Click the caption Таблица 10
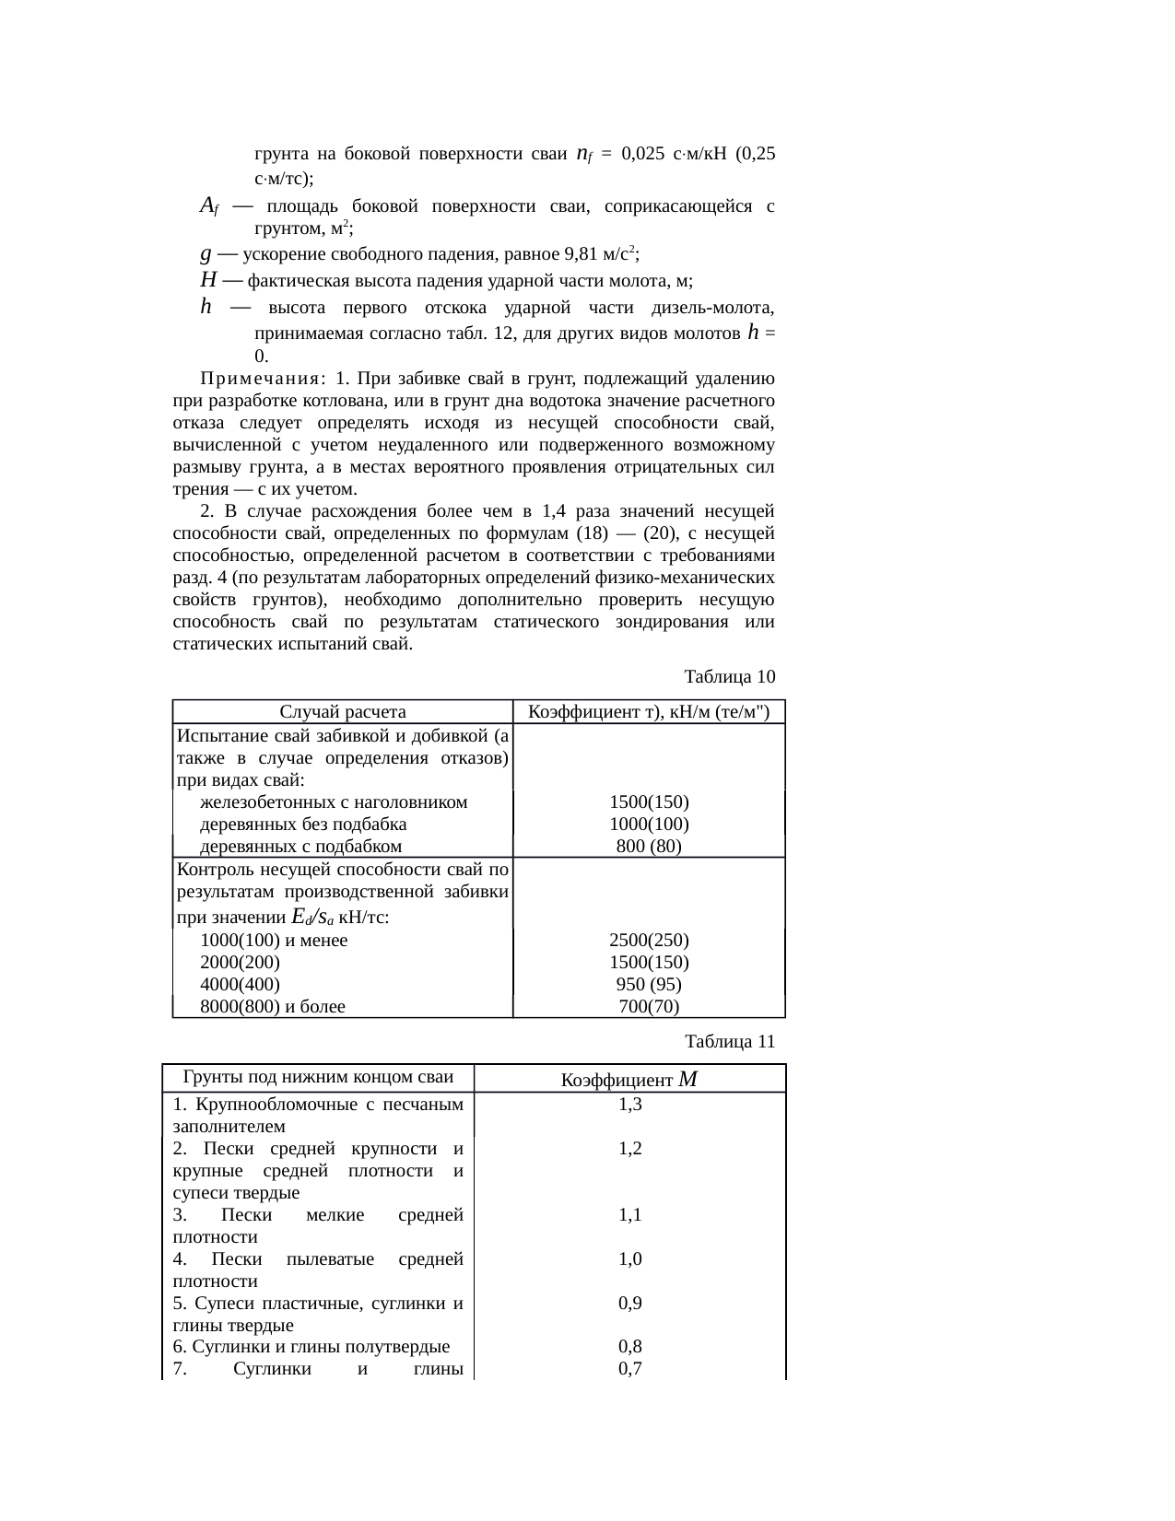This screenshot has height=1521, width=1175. pyautogui.click(x=729, y=677)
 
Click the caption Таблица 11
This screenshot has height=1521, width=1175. pyautogui.click(x=729, y=1042)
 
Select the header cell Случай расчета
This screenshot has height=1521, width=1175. pyautogui.click(x=342, y=711)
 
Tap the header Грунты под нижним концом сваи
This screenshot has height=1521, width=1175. pyautogui.click(x=318, y=1077)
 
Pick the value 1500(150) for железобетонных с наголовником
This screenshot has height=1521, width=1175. pyautogui.click(x=649, y=802)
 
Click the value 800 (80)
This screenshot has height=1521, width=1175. pyautogui.click(x=649, y=847)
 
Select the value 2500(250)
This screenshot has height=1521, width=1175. pyautogui.click(x=649, y=941)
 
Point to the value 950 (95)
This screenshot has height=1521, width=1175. pyautogui.click(x=649, y=985)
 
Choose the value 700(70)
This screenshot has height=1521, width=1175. pyautogui.click(x=649, y=1007)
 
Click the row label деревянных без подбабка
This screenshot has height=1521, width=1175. pyautogui.click(x=303, y=825)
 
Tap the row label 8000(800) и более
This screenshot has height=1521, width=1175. pyautogui.click(x=273, y=1007)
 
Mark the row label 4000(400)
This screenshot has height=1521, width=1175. pyautogui.click(x=240, y=985)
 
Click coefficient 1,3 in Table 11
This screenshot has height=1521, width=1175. pyautogui.click(x=630, y=1105)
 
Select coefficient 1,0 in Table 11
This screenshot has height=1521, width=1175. pyautogui.click(x=630, y=1259)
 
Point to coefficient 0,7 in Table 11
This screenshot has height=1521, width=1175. pyautogui.click(x=630, y=1370)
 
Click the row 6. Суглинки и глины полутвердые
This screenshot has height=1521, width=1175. pyautogui.click(x=311, y=1348)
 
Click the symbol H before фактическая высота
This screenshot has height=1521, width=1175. pyautogui.click(x=207, y=280)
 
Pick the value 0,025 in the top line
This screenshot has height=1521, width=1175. pyautogui.click(x=643, y=155)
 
